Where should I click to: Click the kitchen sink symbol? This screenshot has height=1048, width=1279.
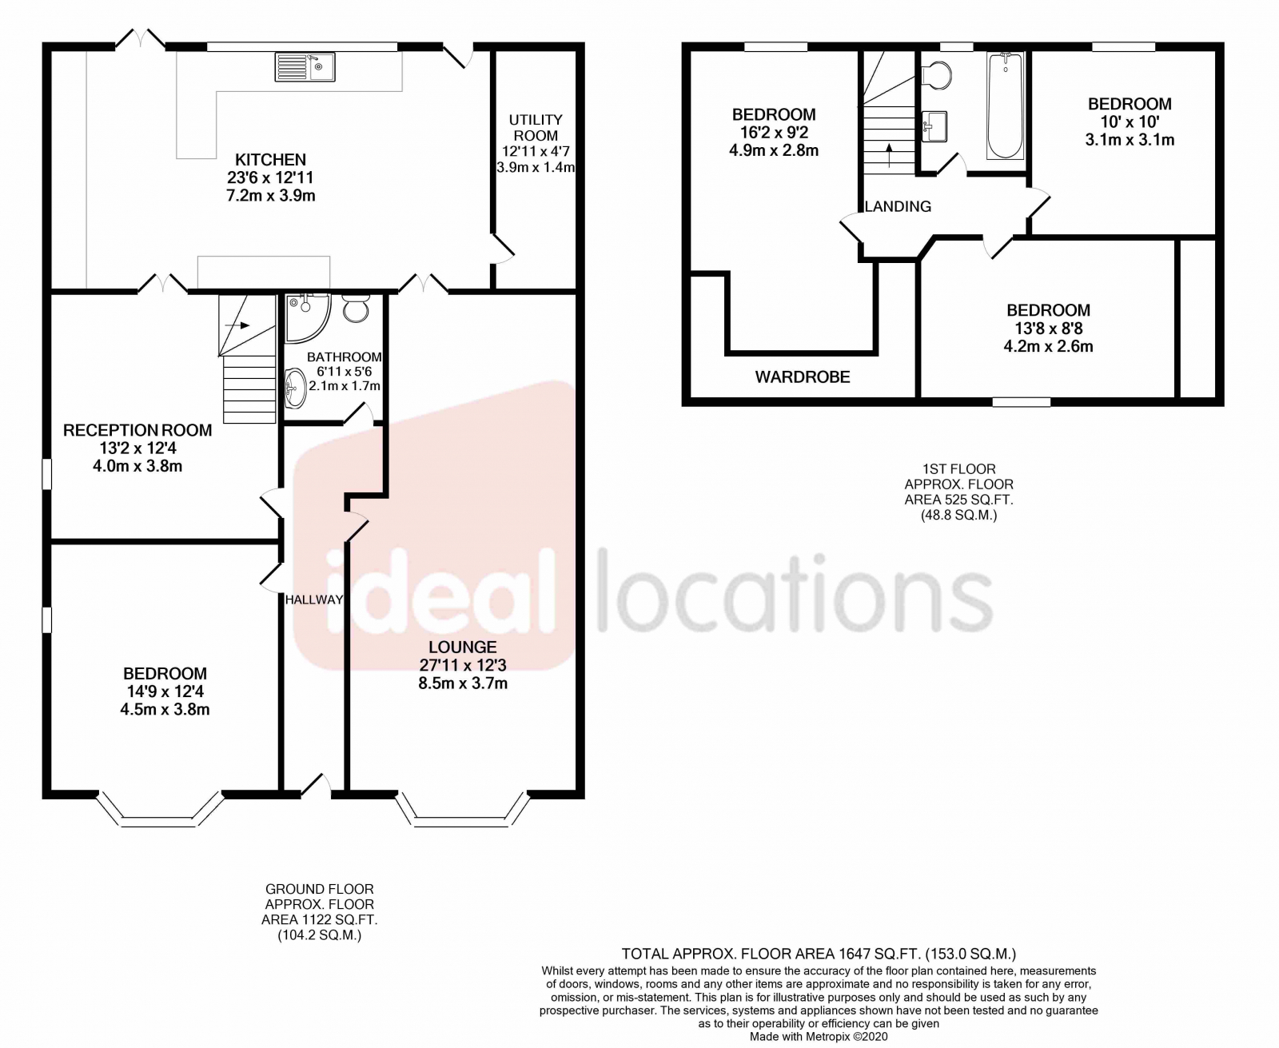point(305,67)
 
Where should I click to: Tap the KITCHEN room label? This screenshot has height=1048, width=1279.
point(270,160)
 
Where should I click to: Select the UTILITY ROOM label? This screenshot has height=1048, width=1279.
point(536,127)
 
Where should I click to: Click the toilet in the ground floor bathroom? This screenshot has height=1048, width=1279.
point(356,309)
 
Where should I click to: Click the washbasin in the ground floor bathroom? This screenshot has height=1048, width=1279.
point(295,389)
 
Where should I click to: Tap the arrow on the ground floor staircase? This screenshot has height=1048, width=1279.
point(237,325)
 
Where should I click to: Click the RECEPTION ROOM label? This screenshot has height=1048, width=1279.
point(137,430)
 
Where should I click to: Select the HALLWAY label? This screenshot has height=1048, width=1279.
point(314,600)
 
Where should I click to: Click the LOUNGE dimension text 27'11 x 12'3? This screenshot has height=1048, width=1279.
point(463,665)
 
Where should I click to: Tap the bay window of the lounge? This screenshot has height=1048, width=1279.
point(462,812)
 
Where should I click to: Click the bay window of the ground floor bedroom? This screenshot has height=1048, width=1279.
point(160,812)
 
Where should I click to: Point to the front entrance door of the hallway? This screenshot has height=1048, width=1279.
point(316,787)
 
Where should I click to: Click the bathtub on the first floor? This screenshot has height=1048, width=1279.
point(1005,106)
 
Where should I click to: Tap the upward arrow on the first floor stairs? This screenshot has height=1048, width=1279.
point(889,156)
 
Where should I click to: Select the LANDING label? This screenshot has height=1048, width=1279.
point(898,206)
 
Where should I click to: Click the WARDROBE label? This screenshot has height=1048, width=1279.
point(803,377)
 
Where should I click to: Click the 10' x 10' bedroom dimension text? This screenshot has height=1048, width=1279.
point(1130,122)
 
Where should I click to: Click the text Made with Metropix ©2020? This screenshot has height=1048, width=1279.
point(818,1036)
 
